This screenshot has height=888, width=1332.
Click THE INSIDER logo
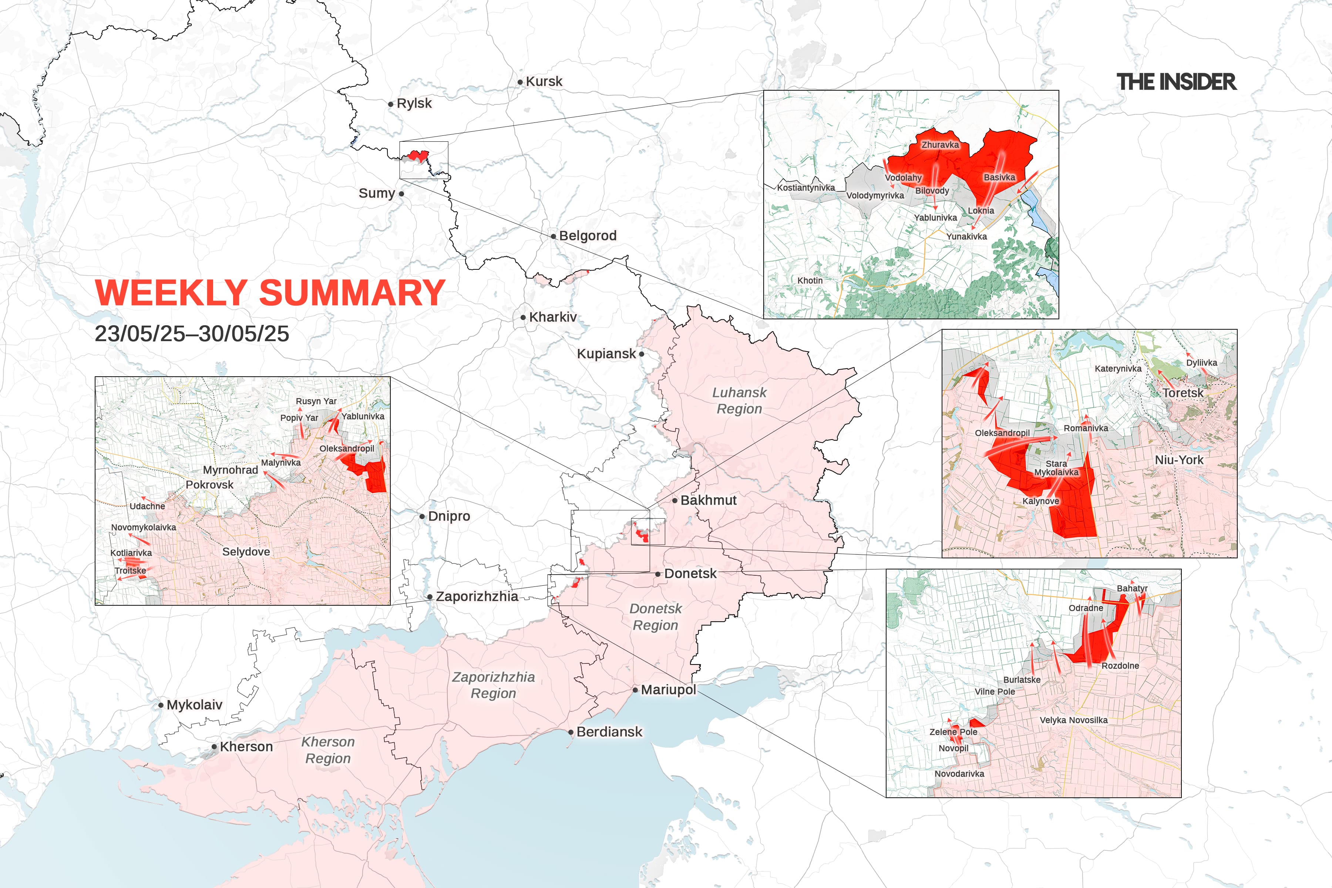[1176, 82]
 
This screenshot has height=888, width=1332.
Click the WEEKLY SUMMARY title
[270, 293]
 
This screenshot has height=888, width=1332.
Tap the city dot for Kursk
[520, 82]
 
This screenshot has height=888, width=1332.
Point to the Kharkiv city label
[553, 317]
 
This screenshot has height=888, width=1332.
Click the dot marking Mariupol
[635, 690]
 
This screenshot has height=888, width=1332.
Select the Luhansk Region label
[739, 400]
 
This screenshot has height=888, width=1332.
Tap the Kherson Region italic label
[328, 750]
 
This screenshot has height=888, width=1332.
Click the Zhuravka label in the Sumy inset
[940, 145]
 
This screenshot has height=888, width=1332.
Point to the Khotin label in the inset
[810, 280]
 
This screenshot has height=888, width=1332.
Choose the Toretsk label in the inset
[1183, 393]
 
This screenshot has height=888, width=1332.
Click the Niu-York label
[1179, 460]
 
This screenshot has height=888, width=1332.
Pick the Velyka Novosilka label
[1073, 720]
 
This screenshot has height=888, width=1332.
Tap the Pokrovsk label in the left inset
[209, 485]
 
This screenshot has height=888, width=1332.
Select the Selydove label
[246, 552]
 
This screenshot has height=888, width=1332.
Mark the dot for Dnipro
[422, 517]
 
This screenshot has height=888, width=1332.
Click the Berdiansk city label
[609, 732]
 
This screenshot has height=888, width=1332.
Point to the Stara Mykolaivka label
[1056, 468]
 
